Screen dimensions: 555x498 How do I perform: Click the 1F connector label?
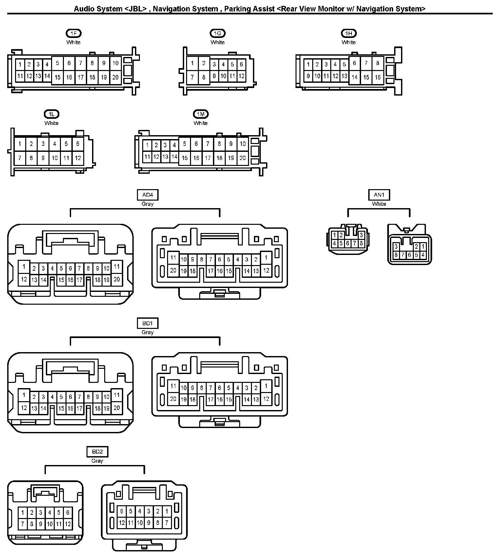pyautogui.click(x=73, y=33)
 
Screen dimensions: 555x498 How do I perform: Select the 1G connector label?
pyautogui.click(x=218, y=33)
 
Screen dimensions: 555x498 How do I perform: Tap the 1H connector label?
pyautogui.click(x=349, y=33)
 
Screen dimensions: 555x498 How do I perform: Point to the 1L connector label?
pyautogui.click(x=51, y=114)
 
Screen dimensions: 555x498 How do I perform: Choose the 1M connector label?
pyautogui.click(x=201, y=114)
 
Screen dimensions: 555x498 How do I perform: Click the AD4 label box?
pyautogui.click(x=147, y=195)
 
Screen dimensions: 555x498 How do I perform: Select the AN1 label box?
pyautogui.click(x=379, y=195)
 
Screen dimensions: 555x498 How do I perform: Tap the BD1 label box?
pyautogui.click(x=147, y=324)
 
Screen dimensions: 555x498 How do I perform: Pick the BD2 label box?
pyautogui.click(x=97, y=452)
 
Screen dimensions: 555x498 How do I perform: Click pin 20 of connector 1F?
pyautogui.click(x=115, y=78)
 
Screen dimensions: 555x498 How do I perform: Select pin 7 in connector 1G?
pyautogui.click(x=192, y=78)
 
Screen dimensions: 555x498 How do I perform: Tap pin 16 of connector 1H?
pyautogui.click(x=378, y=78)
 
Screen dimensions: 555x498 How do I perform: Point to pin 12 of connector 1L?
pyautogui.click(x=78, y=158)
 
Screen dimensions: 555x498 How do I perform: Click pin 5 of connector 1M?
pyautogui.click(x=184, y=144)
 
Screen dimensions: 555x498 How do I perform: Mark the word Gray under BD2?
pyautogui.click(x=97, y=461)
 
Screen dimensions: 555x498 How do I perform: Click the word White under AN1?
pyautogui.click(x=379, y=204)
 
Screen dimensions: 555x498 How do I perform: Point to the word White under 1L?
pyautogui.click(x=51, y=123)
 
